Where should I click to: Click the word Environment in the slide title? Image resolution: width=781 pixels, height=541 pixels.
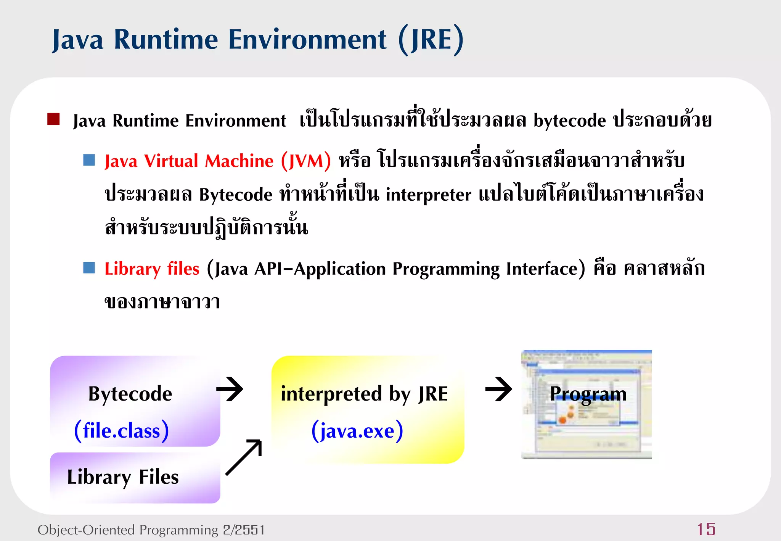pos(307,40)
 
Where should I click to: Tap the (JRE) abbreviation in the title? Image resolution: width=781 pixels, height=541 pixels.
pos(431,40)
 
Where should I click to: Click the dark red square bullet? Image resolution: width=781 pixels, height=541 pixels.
pos(53,119)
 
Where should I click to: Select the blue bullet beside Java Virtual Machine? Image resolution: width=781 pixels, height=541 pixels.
pos(89,160)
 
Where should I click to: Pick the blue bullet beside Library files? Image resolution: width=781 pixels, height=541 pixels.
pos(89,268)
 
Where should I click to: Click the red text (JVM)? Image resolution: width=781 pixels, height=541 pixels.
pos(306,161)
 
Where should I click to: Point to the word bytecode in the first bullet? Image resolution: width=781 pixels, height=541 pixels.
pos(569,121)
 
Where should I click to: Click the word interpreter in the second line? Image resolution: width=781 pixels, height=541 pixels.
pos(428,195)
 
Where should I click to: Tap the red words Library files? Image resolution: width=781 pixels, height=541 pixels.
pos(152,269)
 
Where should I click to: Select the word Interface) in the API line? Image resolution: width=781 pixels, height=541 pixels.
pos(545,269)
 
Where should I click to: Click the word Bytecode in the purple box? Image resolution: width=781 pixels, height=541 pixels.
pos(130,394)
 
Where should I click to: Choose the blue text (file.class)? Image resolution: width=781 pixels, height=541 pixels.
pos(121,431)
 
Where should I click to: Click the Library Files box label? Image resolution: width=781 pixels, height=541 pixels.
pos(123,477)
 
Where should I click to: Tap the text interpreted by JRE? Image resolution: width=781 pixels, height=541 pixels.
pos(364,394)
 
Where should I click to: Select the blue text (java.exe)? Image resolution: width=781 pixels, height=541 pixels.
pos(357,431)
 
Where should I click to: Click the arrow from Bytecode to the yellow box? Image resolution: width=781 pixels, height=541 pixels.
pos(230,389)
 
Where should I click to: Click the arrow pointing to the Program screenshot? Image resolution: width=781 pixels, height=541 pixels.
pos(499,389)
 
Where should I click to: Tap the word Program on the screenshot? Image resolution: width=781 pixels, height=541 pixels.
pos(588,394)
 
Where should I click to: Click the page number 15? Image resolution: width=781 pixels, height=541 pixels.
pos(706,530)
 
